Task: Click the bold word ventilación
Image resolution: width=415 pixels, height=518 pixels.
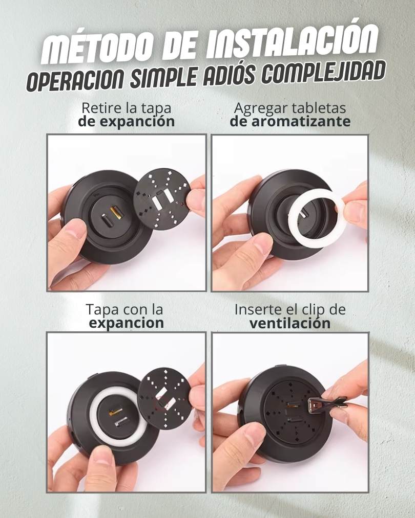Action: click(290, 323)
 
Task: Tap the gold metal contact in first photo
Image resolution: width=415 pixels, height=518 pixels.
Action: click(116, 213)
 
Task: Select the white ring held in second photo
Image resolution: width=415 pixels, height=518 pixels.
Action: click(318, 216)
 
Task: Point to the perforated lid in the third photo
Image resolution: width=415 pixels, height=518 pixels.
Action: click(164, 396)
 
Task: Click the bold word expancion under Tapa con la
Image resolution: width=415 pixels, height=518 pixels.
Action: click(127, 323)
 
